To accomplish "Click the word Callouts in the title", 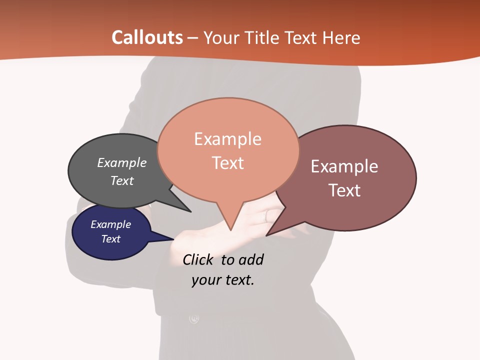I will (x=147, y=37).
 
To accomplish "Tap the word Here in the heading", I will (x=341, y=37).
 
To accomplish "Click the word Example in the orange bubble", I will (x=227, y=139).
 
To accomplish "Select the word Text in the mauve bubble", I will (x=344, y=190).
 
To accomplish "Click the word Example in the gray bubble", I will (x=122, y=163).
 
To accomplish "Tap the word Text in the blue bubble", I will (x=111, y=239).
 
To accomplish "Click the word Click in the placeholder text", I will (x=198, y=259).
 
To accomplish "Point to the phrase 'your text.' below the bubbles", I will (x=223, y=280).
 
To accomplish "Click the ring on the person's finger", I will (x=267, y=215).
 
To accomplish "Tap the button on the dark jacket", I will (x=194, y=318).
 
